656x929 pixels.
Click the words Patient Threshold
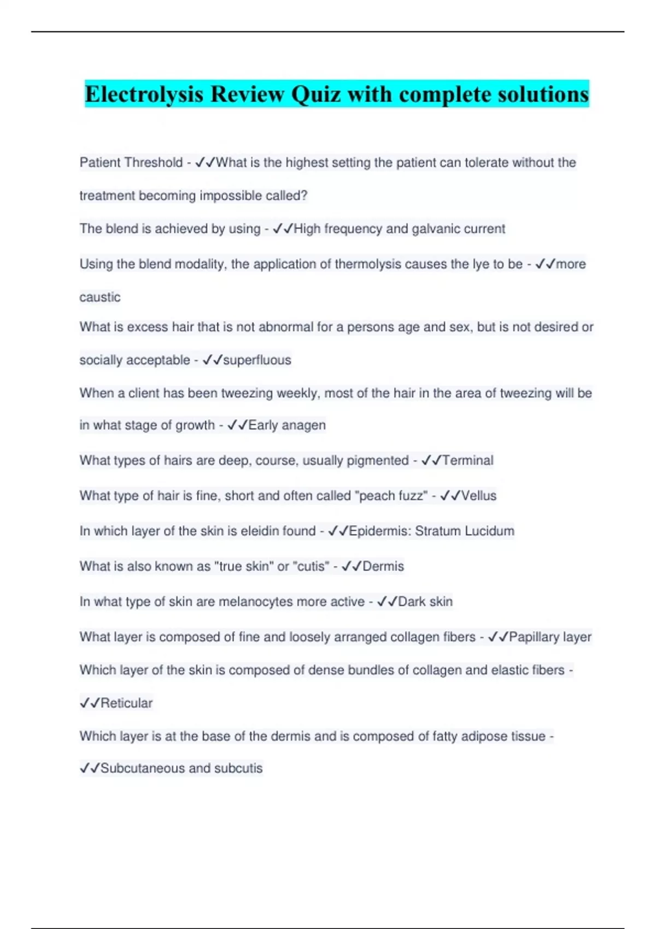coord(131,163)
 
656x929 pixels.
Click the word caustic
coord(100,297)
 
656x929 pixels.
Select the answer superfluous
coord(257,360)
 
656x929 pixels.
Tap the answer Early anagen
coord(286,425)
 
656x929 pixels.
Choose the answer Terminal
coord(467,461)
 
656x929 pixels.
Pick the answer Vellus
coord(478,496)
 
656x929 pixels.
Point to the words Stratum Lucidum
coord(465,531)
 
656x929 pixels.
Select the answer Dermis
coord(383,566)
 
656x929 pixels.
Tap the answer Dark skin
coord(425,602)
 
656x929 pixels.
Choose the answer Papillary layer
coord(550,637)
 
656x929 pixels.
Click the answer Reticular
coord(126,703)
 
